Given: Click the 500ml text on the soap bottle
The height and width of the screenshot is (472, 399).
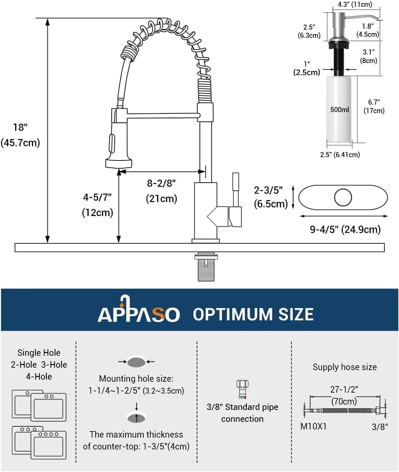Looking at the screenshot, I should (x=339, y=109).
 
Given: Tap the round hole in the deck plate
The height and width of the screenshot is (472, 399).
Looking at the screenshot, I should (x=343, y=197).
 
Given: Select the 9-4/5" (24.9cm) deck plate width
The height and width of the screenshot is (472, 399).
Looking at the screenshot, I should (x=345, y=229).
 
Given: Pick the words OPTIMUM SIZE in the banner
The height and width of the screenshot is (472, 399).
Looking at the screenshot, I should (x=253, y=314).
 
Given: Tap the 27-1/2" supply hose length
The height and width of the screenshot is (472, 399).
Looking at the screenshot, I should (x=344, y=390).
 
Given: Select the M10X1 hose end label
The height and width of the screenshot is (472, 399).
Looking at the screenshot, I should (x=313, y=426).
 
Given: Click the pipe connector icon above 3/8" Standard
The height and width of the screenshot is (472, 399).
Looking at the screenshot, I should (x=242, y=389).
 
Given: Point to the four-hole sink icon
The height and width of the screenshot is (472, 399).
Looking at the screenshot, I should (x=48, y=444).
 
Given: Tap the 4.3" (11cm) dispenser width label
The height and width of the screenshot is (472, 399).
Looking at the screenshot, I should (x=355, y=4).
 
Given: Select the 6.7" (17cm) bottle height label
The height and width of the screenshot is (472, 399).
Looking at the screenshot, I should (x=374, y=106).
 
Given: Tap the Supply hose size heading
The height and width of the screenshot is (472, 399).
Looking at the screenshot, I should (x=345, y=367).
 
